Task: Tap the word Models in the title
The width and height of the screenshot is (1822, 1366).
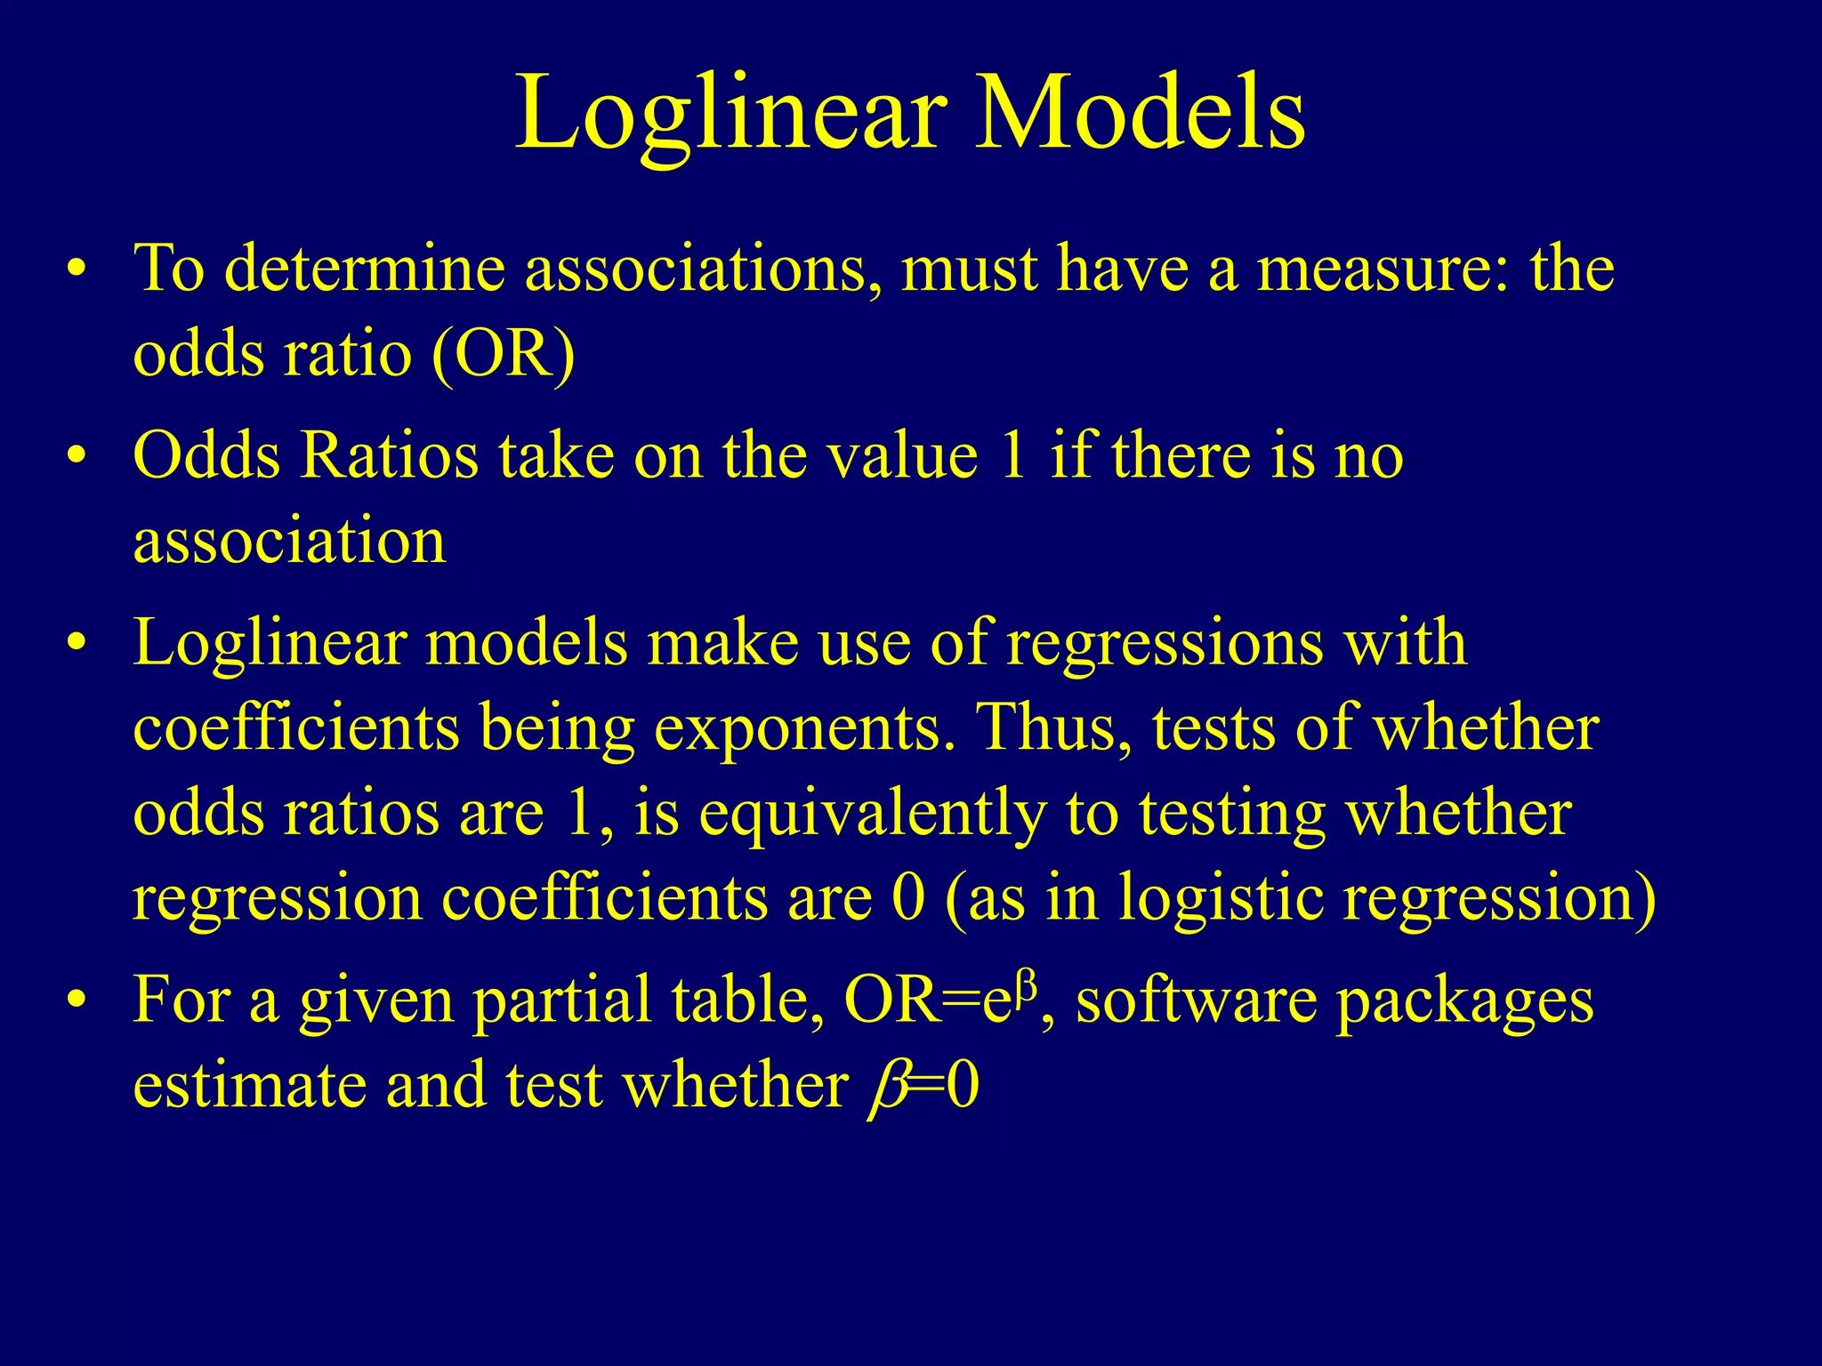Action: tap(1140, 114)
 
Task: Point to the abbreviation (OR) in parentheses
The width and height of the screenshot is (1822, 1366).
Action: tap(504, 355)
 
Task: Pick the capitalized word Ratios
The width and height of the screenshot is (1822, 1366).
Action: tap(390, 455)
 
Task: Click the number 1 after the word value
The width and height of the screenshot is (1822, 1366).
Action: tap(1013, 455)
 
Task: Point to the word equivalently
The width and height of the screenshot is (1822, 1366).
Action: tap(871, 815)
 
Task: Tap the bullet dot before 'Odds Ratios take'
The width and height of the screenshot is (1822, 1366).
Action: tap(78, 456)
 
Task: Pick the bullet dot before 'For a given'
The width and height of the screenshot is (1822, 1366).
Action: tap(78, 1000)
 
